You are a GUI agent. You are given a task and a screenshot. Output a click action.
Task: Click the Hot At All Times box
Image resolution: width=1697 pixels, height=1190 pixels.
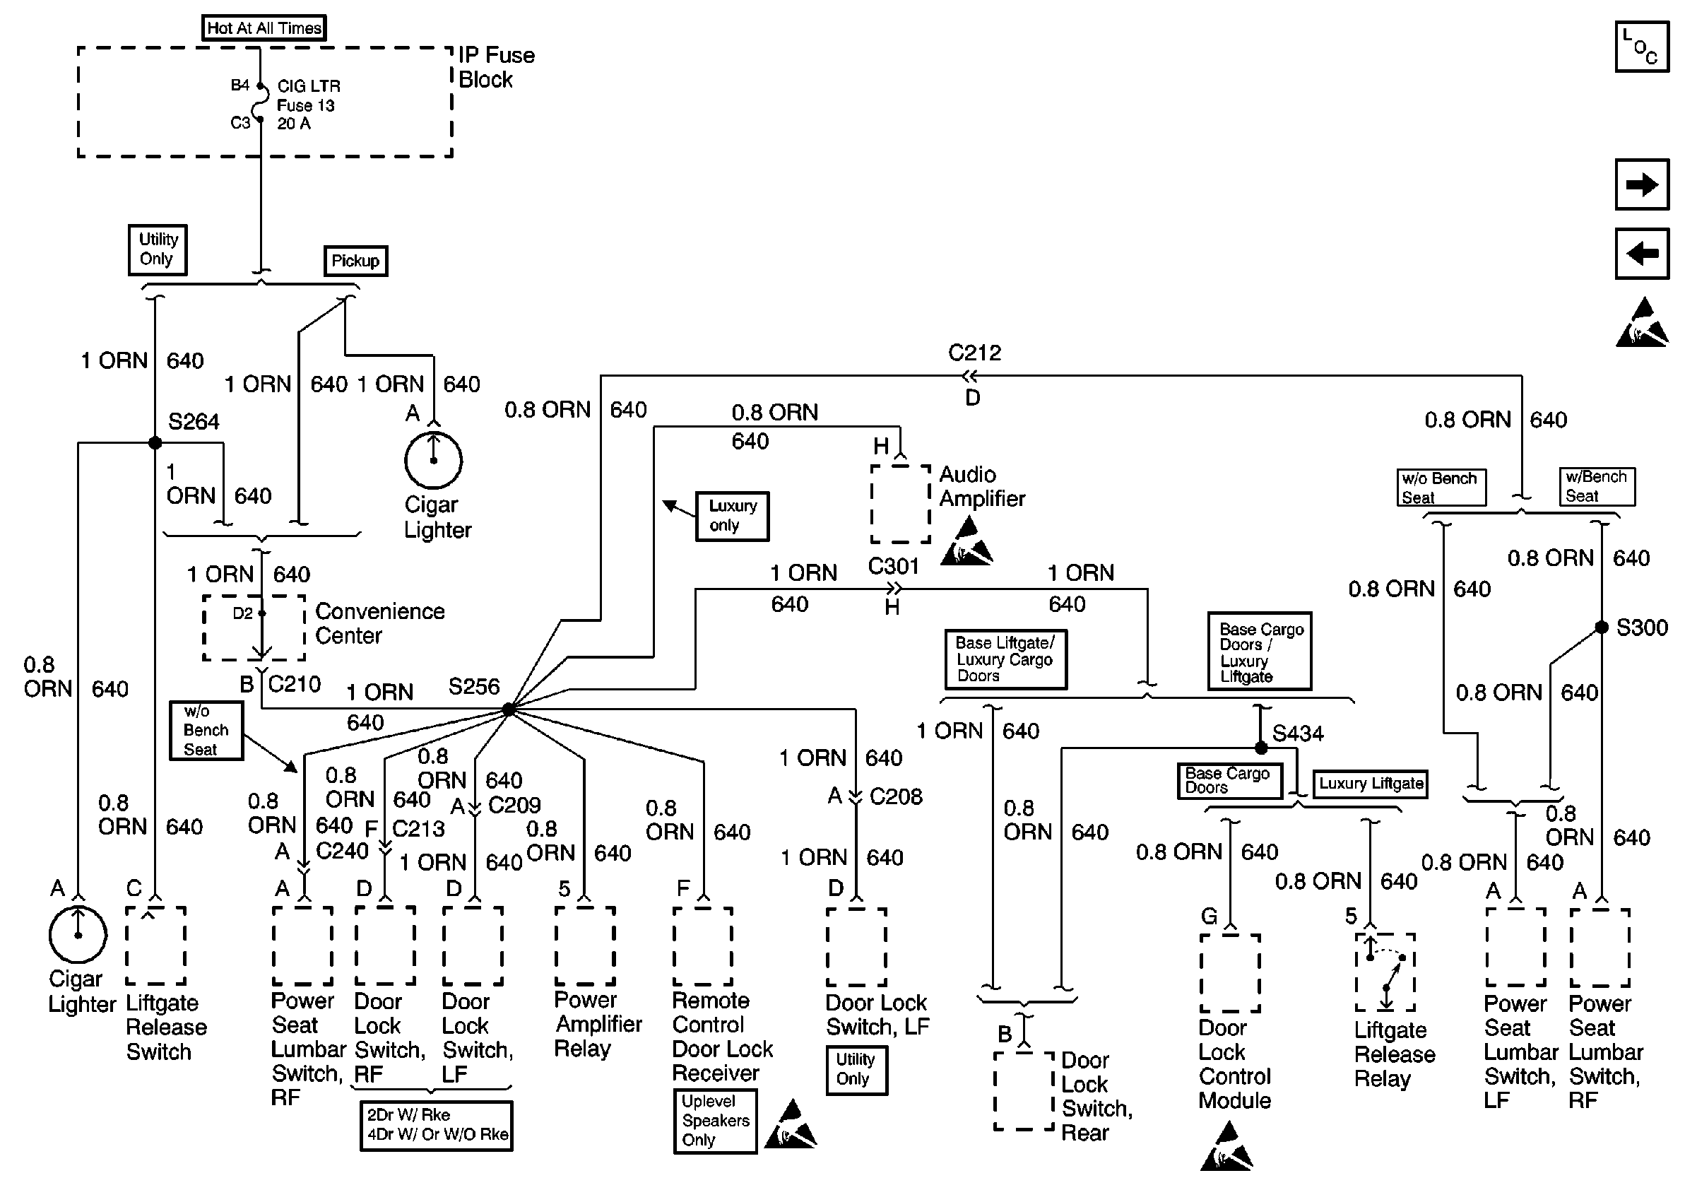(264, 28)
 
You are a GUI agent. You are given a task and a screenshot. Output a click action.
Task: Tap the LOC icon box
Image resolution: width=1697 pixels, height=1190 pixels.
(1642, 47)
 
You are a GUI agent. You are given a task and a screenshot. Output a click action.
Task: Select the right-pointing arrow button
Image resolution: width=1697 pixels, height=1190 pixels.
(1642, 184)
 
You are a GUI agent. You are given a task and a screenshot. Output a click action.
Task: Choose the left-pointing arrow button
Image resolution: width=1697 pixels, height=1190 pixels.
(1642, 254)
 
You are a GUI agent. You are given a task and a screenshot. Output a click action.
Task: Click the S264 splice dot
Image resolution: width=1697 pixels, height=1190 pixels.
(155, 443)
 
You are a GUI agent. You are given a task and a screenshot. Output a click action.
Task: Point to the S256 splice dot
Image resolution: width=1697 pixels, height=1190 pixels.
(509, 709)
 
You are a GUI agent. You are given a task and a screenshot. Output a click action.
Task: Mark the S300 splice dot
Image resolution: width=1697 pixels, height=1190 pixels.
(1601, 628)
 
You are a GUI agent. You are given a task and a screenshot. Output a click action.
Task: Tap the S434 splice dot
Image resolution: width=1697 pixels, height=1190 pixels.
(1262, 748)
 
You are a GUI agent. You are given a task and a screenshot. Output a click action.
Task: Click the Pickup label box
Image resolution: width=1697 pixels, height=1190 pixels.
(355, 261)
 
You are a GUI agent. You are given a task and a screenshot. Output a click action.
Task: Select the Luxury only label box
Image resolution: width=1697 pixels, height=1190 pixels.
(733, 516)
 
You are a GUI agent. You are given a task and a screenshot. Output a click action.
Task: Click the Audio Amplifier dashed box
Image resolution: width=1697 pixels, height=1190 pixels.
(900, 503)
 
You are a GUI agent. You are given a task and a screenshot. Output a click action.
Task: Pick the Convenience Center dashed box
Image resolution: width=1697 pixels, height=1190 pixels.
(254, 628)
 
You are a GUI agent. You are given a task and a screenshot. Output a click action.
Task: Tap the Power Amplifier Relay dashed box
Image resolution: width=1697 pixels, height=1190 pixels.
(586, 946)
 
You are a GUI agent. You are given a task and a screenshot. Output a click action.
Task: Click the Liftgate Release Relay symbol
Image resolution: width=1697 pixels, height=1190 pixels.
(1385, 972)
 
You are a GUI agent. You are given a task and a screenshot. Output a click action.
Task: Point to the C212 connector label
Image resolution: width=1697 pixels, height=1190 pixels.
(974, 353)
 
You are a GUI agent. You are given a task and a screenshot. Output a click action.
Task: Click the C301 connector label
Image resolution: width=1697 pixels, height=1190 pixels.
(893, 566)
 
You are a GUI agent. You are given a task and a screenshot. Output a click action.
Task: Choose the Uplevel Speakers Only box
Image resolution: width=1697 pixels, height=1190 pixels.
(716, 1121)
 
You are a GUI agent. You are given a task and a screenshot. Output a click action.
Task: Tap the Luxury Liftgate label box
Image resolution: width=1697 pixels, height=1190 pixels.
(1371, 784)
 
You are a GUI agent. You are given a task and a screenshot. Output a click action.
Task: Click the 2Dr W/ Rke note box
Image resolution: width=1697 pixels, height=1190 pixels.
(437, 1125)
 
